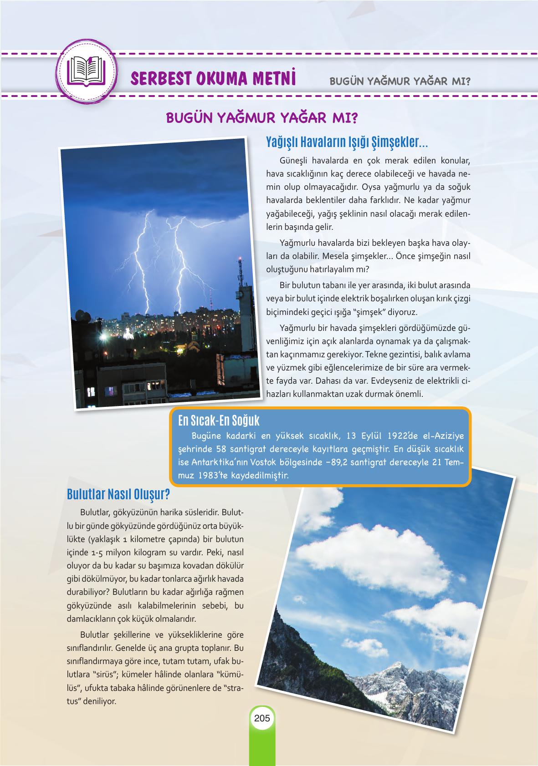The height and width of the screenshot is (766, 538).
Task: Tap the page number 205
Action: [x=262, y=719]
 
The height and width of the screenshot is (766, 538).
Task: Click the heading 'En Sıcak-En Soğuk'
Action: [x=219, y=420]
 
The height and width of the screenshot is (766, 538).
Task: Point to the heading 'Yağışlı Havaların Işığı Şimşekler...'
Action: [x=347, y=142]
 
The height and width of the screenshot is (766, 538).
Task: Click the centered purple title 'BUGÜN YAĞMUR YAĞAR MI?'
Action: [x=262, y=117]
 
